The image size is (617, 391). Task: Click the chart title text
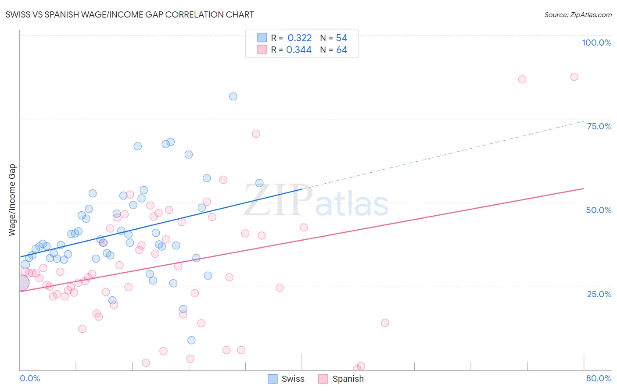(x=129, y=14)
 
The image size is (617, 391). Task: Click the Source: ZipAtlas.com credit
(x=578, y=14)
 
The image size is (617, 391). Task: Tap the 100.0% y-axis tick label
(x=596, y=43)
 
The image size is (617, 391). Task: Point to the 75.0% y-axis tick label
(x=599, y=126)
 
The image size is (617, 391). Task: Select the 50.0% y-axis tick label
(x=599, y=210)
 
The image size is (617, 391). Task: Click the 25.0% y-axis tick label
(x=599, y=294)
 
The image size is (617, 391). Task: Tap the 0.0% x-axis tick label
(x=30, y=378)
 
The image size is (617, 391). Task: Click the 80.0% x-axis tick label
(x=599, y=378)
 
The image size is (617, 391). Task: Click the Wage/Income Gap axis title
(x=12, y=200)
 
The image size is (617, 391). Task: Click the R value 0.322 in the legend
(x=299, y=38)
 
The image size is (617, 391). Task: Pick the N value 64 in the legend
(x=341, y=50)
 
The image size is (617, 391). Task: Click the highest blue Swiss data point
(x=233, y=96)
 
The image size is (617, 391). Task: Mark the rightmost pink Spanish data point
(x=574, y=77)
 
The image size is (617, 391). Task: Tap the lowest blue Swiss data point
(x=191, y=340)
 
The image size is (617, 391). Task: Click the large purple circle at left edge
(x=21, y=283)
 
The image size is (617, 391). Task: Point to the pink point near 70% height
(x=256, y=134)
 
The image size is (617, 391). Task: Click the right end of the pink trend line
(x=584, y=188)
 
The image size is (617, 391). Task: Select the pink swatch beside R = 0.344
(x=262, y=50)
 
